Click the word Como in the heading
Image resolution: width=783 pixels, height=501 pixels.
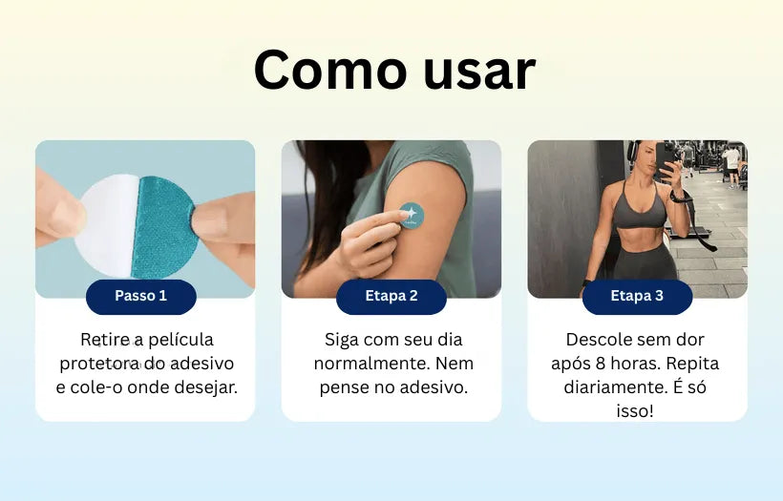[330, 70]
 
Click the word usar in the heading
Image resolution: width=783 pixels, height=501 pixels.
[479, 73]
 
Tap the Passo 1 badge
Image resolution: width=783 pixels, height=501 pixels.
[140, 297]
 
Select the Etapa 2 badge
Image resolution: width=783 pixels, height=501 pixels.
[391, 297]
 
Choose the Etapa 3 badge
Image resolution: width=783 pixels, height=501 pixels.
[637, 297]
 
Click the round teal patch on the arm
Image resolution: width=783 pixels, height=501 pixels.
[412, 216]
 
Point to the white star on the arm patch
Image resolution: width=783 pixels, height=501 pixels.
[411, 214]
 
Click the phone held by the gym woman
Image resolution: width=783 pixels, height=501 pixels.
[666, 158]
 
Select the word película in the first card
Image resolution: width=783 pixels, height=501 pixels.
[180, 340]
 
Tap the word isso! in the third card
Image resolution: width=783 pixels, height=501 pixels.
[635, 411]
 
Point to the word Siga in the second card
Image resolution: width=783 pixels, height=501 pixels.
[342, 341]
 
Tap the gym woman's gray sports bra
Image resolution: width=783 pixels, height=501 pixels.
[639, 210]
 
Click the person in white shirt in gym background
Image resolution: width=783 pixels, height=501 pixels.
[731, 165]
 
